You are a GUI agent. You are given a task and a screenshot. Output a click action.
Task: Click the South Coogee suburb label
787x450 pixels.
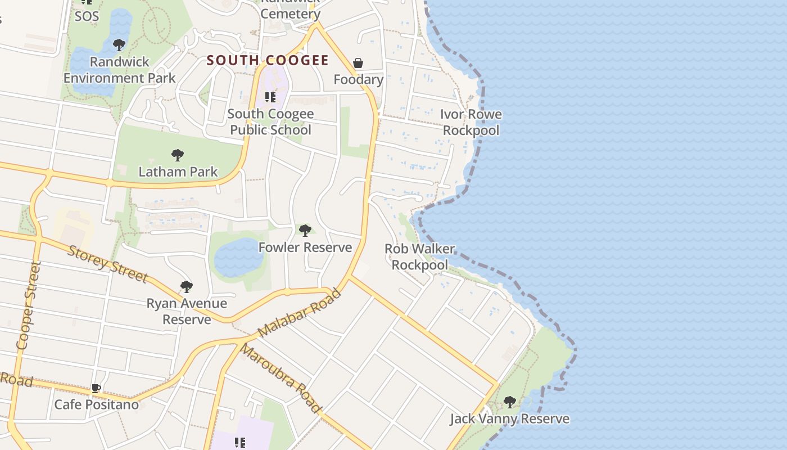[268, 60]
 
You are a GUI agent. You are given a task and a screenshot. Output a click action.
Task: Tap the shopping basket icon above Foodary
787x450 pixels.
[358, 63]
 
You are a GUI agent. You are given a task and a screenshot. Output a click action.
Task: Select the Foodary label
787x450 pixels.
[358, 79]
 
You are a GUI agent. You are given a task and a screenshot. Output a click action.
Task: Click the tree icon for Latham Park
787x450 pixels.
[178, 155]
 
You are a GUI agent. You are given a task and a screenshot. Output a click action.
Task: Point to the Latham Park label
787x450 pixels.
[178, 172]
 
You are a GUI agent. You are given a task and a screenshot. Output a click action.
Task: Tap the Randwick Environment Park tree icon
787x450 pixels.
[119, 45]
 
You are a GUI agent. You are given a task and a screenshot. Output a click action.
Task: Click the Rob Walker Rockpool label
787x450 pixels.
[420, 256]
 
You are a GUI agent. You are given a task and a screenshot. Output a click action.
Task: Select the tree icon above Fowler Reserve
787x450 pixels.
[305, 230]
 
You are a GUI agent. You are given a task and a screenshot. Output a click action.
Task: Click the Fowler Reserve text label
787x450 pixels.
[305, 247]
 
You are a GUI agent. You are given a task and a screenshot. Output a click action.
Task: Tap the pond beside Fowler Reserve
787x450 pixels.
[239, 258]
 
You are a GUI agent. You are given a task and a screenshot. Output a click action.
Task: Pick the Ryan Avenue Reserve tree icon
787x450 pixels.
[187, 287]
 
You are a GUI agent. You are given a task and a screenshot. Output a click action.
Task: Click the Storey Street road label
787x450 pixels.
[107, 264]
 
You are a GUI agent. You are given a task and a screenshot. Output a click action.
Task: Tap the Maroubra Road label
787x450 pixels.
[280, 379]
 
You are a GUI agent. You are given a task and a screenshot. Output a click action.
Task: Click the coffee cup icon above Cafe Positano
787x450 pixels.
[96, 388]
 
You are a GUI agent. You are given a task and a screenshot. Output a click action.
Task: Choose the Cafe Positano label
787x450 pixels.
[96, 404]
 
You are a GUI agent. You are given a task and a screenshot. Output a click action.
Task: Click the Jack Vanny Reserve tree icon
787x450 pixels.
[510, 402]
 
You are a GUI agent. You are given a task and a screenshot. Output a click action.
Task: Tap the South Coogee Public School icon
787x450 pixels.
[270, 97]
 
